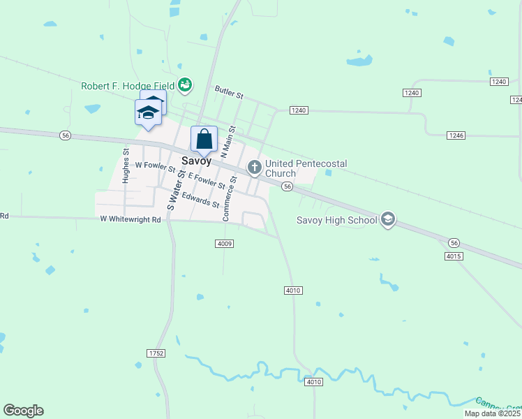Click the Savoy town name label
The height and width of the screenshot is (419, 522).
196,160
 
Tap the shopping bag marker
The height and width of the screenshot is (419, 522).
204,139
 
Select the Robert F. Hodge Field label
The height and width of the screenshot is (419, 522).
128,86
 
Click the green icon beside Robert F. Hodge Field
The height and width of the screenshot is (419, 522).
185,85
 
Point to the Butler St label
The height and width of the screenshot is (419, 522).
229,91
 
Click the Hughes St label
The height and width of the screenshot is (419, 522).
126,166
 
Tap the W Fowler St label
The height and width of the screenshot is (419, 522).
156,166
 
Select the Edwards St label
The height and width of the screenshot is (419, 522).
201,200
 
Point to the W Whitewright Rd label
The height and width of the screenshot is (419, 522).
130,219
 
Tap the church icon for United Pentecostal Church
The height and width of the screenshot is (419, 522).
255,168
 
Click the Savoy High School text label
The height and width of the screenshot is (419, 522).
336,220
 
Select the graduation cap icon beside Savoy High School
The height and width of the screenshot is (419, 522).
388,220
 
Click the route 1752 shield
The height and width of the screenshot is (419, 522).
156,354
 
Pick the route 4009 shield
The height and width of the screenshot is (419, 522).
224,243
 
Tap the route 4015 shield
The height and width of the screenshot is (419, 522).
453,256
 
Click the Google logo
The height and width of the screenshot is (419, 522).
24,411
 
